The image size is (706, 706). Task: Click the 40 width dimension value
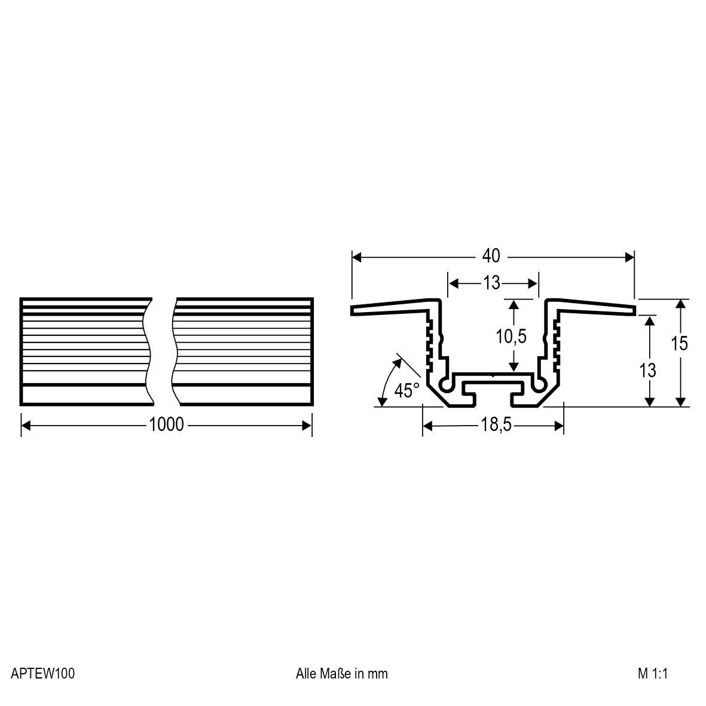click(x=491, y=256)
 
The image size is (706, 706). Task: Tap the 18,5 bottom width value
click(x=493, y=425)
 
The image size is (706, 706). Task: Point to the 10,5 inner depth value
click(x=511, y=337)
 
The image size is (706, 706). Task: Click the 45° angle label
click(x=407, y=391)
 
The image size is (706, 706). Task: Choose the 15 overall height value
click(x=679, y=344)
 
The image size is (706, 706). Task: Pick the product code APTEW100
click(x=42, y=674)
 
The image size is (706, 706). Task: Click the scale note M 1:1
click(x=652, y=674)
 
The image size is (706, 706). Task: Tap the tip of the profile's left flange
click(x=353, y=310)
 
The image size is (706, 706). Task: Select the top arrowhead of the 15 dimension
click(x=680, y=304)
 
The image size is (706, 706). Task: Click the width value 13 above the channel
click(x=491, y=283)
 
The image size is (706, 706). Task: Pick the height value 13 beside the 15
click(x=647, y=371)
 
